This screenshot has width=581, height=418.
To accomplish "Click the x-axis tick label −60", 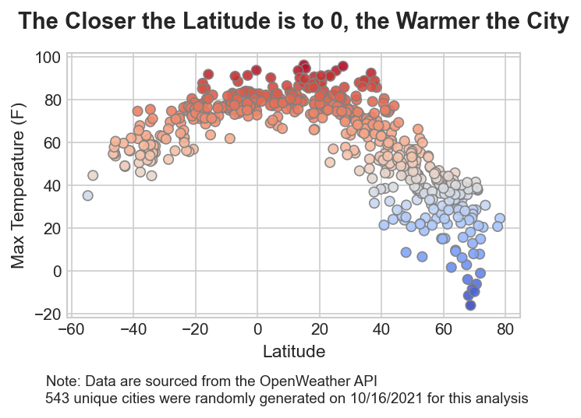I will point(71,329).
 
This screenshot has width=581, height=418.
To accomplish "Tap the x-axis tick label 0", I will point(257,329).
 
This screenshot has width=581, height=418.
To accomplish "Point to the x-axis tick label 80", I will point(505,329).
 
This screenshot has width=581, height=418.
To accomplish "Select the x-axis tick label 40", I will point(381,329).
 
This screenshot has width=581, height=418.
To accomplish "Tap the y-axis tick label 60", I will point(52,143).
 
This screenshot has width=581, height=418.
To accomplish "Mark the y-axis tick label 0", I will point(57,271).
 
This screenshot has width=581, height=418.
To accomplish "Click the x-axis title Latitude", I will point(294,352).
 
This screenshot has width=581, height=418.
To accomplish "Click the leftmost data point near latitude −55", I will point(88,195).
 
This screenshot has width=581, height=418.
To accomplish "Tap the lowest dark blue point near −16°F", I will point(470,305).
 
